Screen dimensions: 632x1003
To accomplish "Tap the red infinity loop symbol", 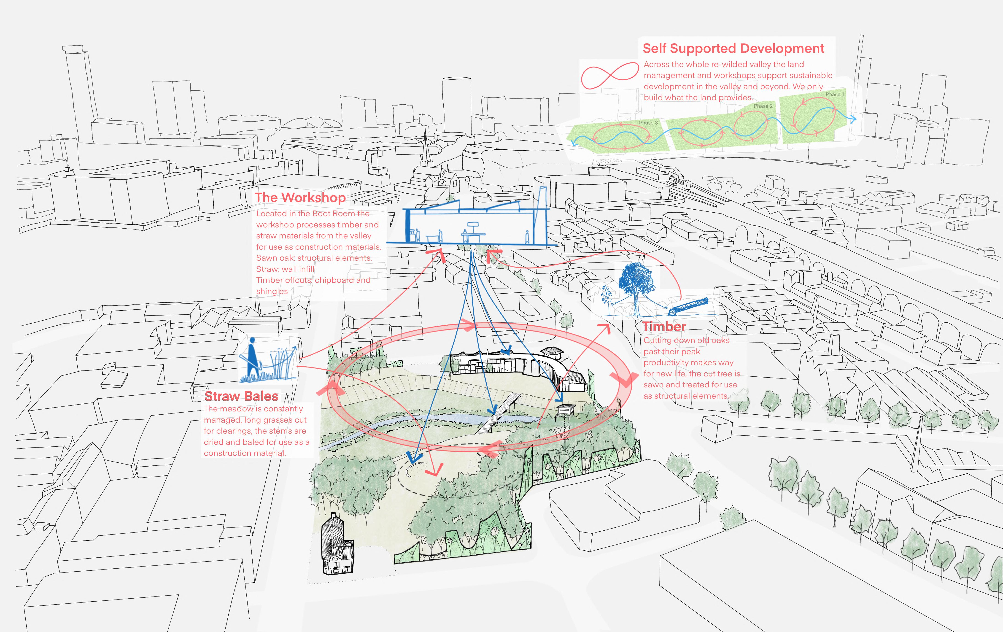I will (x=609, y=76).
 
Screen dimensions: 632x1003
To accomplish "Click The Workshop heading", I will (x=300, y=197).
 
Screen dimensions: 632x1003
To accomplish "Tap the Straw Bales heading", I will (x=241, y=396).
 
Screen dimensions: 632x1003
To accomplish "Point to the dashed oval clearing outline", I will (x=458, y=471).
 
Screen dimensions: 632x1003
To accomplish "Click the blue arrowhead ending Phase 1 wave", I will (x=853, y=119).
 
